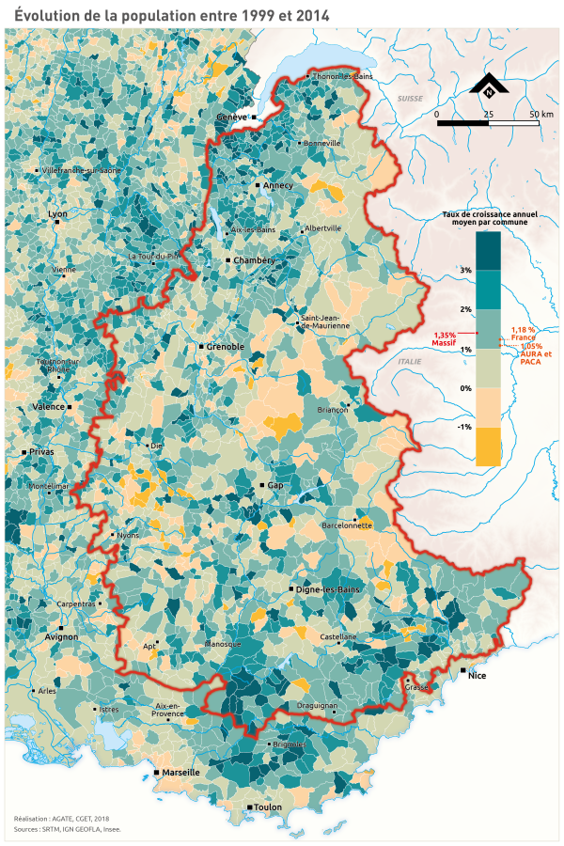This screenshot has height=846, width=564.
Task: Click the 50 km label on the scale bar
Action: (540, 114)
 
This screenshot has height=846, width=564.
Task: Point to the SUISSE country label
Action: (410, 98)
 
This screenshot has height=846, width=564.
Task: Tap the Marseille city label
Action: (181, 772)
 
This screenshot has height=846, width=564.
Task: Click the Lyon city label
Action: (58, 214)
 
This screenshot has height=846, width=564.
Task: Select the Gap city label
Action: (275, 485)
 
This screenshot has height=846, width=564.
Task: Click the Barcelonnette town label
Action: (347, 525)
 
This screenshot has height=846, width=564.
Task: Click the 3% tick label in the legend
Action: (465, 270)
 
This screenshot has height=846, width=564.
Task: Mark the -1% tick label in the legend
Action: (464, 427)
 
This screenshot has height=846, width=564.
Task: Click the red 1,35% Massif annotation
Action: (445, 338)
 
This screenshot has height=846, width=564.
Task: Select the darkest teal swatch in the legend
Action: (488, 251)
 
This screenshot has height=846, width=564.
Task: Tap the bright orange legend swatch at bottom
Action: (488, 446)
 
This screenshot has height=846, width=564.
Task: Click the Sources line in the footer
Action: (68, 829)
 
